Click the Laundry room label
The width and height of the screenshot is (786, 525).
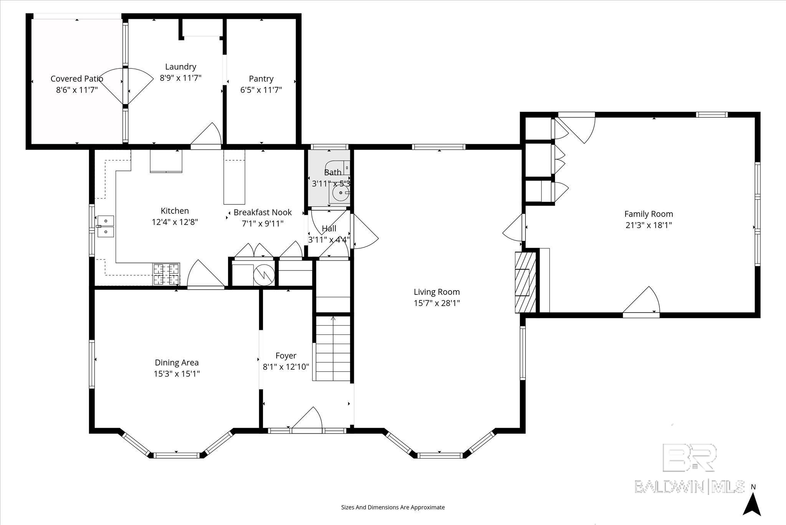click(x=180, y=67)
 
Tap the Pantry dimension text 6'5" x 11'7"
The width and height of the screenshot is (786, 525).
click(x=261, y=90)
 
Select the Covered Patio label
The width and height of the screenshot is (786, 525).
click(x=77, y=79)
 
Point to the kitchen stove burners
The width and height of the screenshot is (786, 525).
click(x=167, y=274)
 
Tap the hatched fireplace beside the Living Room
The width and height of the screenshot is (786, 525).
click(x=525, y=282)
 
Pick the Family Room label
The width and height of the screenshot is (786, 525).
click(x=649, y=214)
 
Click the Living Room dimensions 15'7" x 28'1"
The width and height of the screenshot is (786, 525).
click(x=437, y=303)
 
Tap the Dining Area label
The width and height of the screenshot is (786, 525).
click(x=177, y=362)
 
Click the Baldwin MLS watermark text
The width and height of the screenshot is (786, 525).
click(x=690, y=487)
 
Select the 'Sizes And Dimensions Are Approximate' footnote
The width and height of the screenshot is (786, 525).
click(x=393, y=507)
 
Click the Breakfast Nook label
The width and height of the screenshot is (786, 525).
click(x=263, y=212)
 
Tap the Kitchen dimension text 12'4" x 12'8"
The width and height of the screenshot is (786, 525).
click(x=175, y=222)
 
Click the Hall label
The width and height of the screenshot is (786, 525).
click(x=329, y=229)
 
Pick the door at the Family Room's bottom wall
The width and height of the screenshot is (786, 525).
click(x=641, y=302)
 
